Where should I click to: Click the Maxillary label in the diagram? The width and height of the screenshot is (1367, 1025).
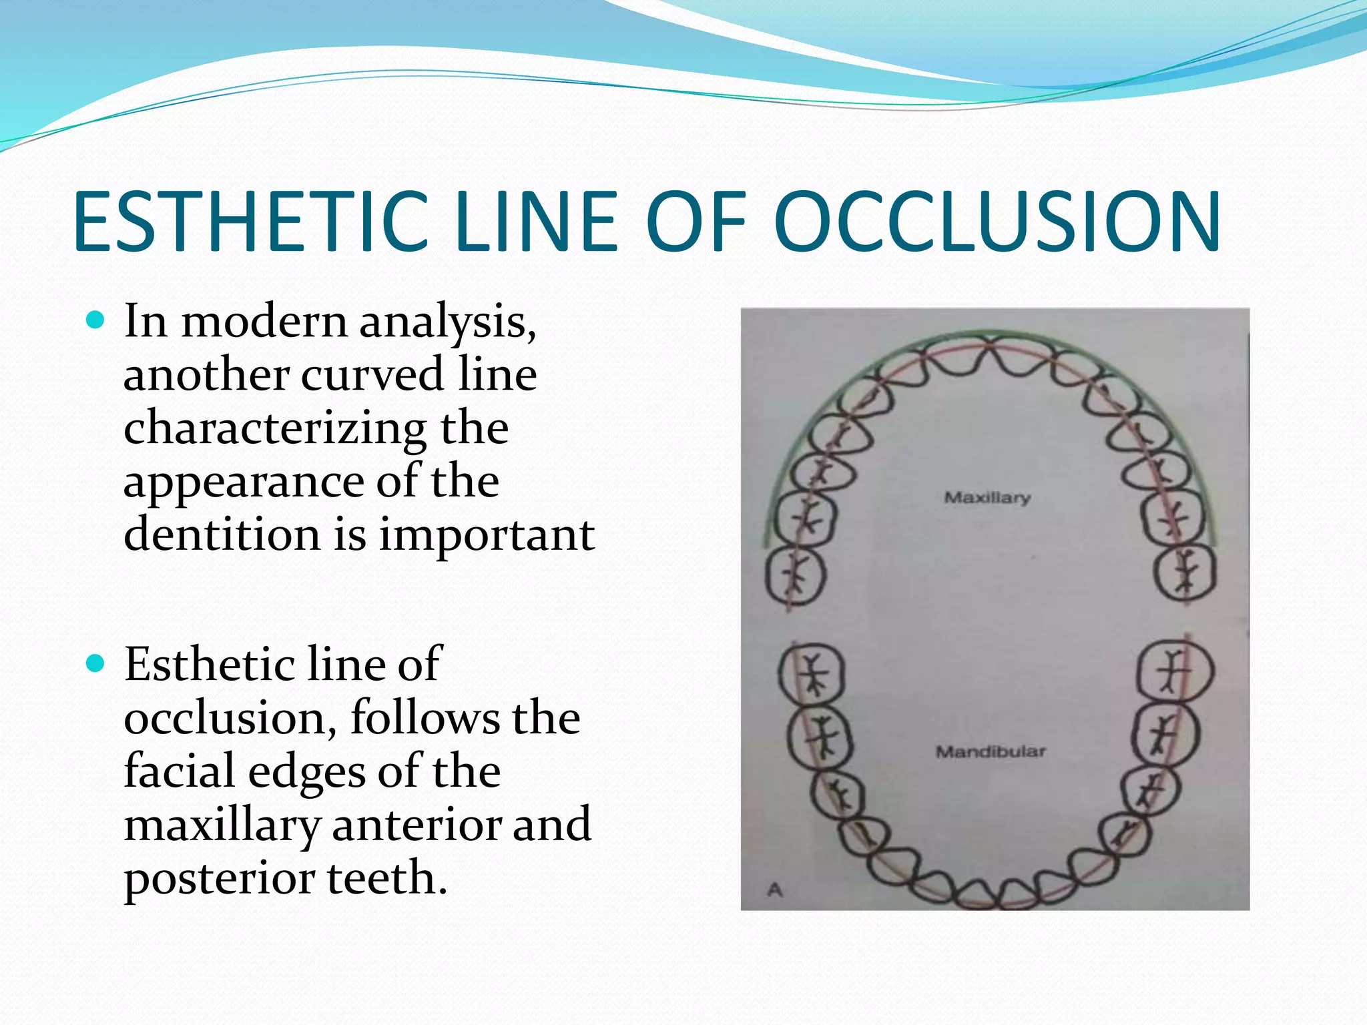987,498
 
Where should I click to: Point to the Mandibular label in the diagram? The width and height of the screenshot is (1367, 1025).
991,752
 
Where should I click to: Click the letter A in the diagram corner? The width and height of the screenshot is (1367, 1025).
775,890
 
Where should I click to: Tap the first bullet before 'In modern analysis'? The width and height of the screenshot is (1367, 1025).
96,321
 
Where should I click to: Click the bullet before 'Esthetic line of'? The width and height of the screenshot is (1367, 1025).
96,664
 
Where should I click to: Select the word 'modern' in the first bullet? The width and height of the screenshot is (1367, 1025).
264,322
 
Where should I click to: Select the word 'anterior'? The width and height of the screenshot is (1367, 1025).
417,825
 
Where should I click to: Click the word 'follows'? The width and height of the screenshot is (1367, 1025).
426,718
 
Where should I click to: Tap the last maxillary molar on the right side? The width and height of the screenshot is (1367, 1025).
1186,573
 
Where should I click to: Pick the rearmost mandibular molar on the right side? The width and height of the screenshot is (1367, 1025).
1175,671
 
